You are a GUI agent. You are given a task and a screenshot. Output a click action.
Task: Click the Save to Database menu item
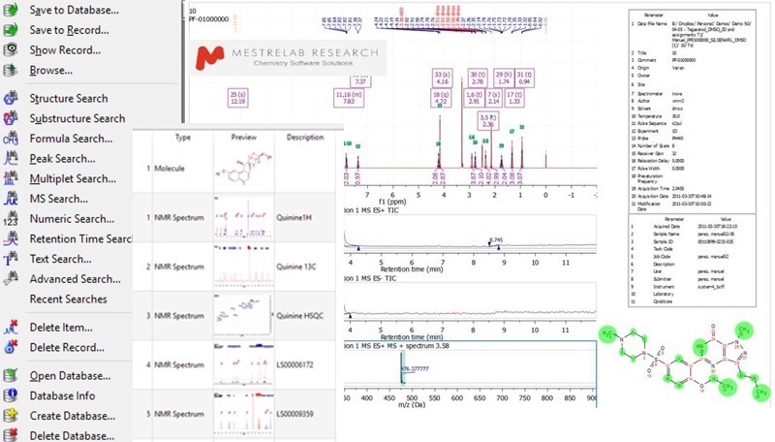[x=74, y=11]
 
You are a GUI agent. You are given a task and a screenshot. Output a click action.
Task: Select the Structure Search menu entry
[x=82, y=99]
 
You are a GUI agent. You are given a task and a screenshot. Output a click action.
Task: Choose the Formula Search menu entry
[x=71, y=139]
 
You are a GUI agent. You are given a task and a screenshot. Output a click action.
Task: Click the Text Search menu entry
[x=60, y=259]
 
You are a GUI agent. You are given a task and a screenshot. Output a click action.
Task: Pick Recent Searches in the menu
[x=68, y=300]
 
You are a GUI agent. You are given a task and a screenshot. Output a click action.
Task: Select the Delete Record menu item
[x=67, y=347]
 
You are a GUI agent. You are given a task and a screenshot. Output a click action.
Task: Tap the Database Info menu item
[x=62, y=395]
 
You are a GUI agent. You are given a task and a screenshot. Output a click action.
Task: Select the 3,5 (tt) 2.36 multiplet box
[x=489, y=121]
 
